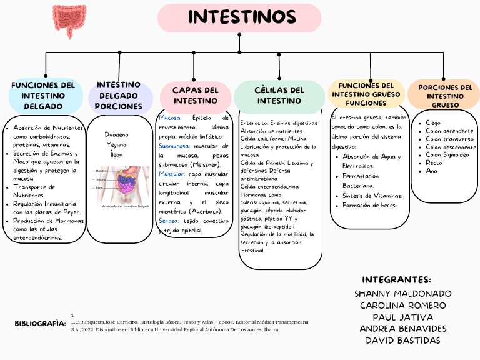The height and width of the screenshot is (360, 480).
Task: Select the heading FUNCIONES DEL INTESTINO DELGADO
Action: pyautogui.click(x=43, y=96)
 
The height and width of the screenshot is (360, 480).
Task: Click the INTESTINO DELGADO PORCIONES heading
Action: pyautogui.click(x=119, y=95)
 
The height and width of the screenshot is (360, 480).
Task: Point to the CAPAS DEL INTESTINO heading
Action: pyautogui.click(x=196, y=95)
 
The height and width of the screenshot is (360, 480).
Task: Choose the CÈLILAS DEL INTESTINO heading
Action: pyautogui.click(x=279, y=95)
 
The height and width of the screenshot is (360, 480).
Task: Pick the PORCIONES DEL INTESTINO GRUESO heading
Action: pyautogui.click(x=445, y=96)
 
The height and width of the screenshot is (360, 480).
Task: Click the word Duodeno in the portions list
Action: pyautogui.click(x=116, y=134)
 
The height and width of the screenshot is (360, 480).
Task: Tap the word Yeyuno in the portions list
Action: pyautogui.click(x=116, y=144)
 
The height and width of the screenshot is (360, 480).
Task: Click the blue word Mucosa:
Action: pyautogui.click(x=171, y=117)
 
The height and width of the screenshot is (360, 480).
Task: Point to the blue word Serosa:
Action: pyautogui.click(x=169, y=221)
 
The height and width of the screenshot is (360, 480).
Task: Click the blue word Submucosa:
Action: pyautogui.click(x=175, y=146)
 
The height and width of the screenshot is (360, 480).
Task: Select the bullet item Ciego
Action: pyautogui.click(x=433, y=123)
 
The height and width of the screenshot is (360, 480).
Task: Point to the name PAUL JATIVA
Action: pyautogui.click(x=402, y=317)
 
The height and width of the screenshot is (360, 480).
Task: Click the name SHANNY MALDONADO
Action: pyautogui.click(x=402, y=293)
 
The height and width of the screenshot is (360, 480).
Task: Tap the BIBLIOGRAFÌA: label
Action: pyautogui.click(x=40, y=324)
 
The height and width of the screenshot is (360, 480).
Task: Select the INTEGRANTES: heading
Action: pyautogui.click(x=396, y=279)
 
